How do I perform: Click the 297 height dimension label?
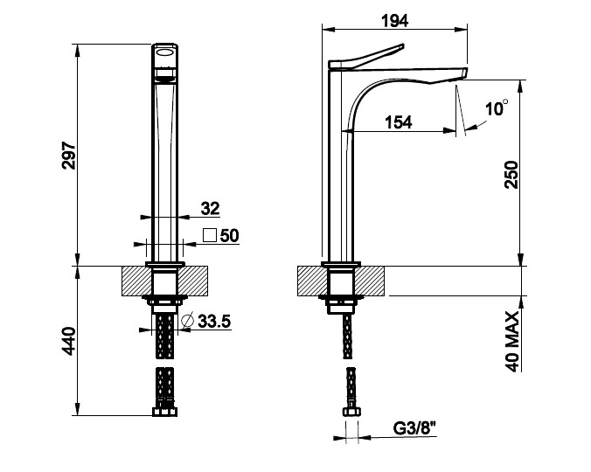[69, 156]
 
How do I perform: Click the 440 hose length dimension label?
[69, 341]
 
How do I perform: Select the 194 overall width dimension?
[394, 21]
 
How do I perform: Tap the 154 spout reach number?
[399, 122]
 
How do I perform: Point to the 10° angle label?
[497, 108]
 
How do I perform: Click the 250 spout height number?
[511, 175]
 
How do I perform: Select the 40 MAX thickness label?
[511, 341]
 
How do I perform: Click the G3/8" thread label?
[414, 428]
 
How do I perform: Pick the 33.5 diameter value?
[214, 322]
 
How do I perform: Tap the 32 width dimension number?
[210, 208]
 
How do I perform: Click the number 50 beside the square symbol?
[230, 236]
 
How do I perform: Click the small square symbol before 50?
[210, 235]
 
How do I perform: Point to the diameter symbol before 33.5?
[187, 321]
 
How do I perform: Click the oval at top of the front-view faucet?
[165, 52]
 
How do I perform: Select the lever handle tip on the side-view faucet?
[401, 46]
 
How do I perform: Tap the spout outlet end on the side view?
[464, 73]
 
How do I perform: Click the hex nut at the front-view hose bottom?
[164, 412]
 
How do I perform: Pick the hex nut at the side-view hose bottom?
[351, 412]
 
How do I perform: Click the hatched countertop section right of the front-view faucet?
[192, 281]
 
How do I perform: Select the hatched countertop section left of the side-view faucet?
[312, 281]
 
